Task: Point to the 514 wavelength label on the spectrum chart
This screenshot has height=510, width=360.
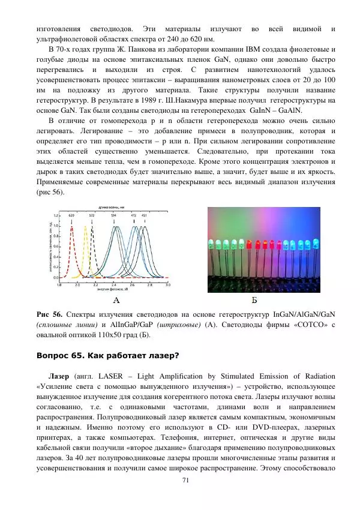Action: (x=113, y=214)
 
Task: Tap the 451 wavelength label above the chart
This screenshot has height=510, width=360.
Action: (x=144, y=214)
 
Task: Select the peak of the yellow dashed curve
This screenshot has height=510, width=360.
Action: (x=85, y=227)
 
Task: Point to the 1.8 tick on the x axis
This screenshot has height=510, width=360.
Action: (x=59, y=285)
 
